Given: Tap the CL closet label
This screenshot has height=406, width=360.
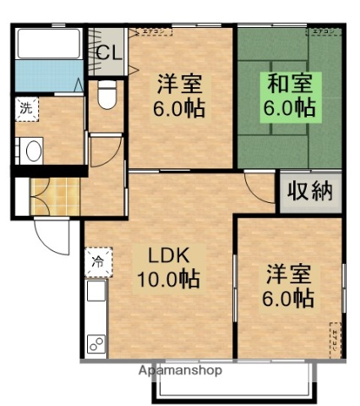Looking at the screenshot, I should point(108,52).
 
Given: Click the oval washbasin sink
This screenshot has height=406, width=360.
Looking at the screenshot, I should point(34,151).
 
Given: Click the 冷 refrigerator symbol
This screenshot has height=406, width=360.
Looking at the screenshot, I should point(96,261).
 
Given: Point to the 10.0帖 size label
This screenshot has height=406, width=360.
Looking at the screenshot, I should point(168,280).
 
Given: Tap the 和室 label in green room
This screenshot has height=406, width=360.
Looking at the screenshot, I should point(290,85).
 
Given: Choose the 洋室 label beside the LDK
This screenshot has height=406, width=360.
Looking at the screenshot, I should point(290,274).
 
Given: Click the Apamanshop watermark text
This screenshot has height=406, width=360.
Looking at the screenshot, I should point(179,370).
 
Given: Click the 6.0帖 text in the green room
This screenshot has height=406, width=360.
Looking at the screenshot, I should point(290,109).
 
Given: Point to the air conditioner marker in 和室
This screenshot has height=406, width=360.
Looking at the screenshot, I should point(322,32).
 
